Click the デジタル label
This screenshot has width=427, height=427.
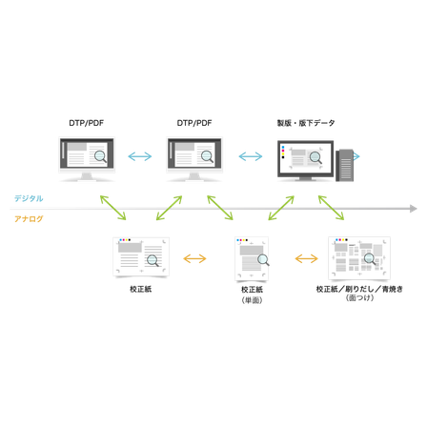tap(29, 198)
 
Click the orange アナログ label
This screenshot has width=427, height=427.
tap(29, 219)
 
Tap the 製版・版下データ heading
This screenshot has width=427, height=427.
tap(306, 123)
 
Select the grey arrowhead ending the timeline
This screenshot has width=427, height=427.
tap(413, 209)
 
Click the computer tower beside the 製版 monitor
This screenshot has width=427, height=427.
tap(345, 165)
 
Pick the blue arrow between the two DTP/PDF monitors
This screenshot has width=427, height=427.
tap(140, 156)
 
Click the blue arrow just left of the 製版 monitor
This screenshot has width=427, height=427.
tap(251, 156)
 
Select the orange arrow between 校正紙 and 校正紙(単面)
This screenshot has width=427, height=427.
tap(194, 258)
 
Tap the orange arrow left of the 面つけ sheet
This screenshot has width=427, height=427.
tap(306, 258)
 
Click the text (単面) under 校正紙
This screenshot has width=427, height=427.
tap(252, 300)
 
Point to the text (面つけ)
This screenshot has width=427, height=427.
tap(359, 297)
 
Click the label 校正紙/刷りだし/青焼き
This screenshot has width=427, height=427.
tap(359, 289)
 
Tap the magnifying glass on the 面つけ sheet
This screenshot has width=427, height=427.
tap(370, 259)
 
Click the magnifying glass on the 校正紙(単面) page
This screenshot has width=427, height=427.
tap(263, 260)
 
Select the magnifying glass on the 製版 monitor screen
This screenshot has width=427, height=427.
tap(315, 157)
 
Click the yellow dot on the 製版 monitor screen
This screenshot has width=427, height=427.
tap(283, 153)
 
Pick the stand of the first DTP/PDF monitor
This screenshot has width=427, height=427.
tap(87, 176)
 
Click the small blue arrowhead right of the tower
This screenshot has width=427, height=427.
tap(356, 156)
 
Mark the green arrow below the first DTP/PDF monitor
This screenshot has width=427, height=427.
tap(113, 208)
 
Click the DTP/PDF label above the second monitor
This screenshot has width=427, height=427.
tap(194, 123)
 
